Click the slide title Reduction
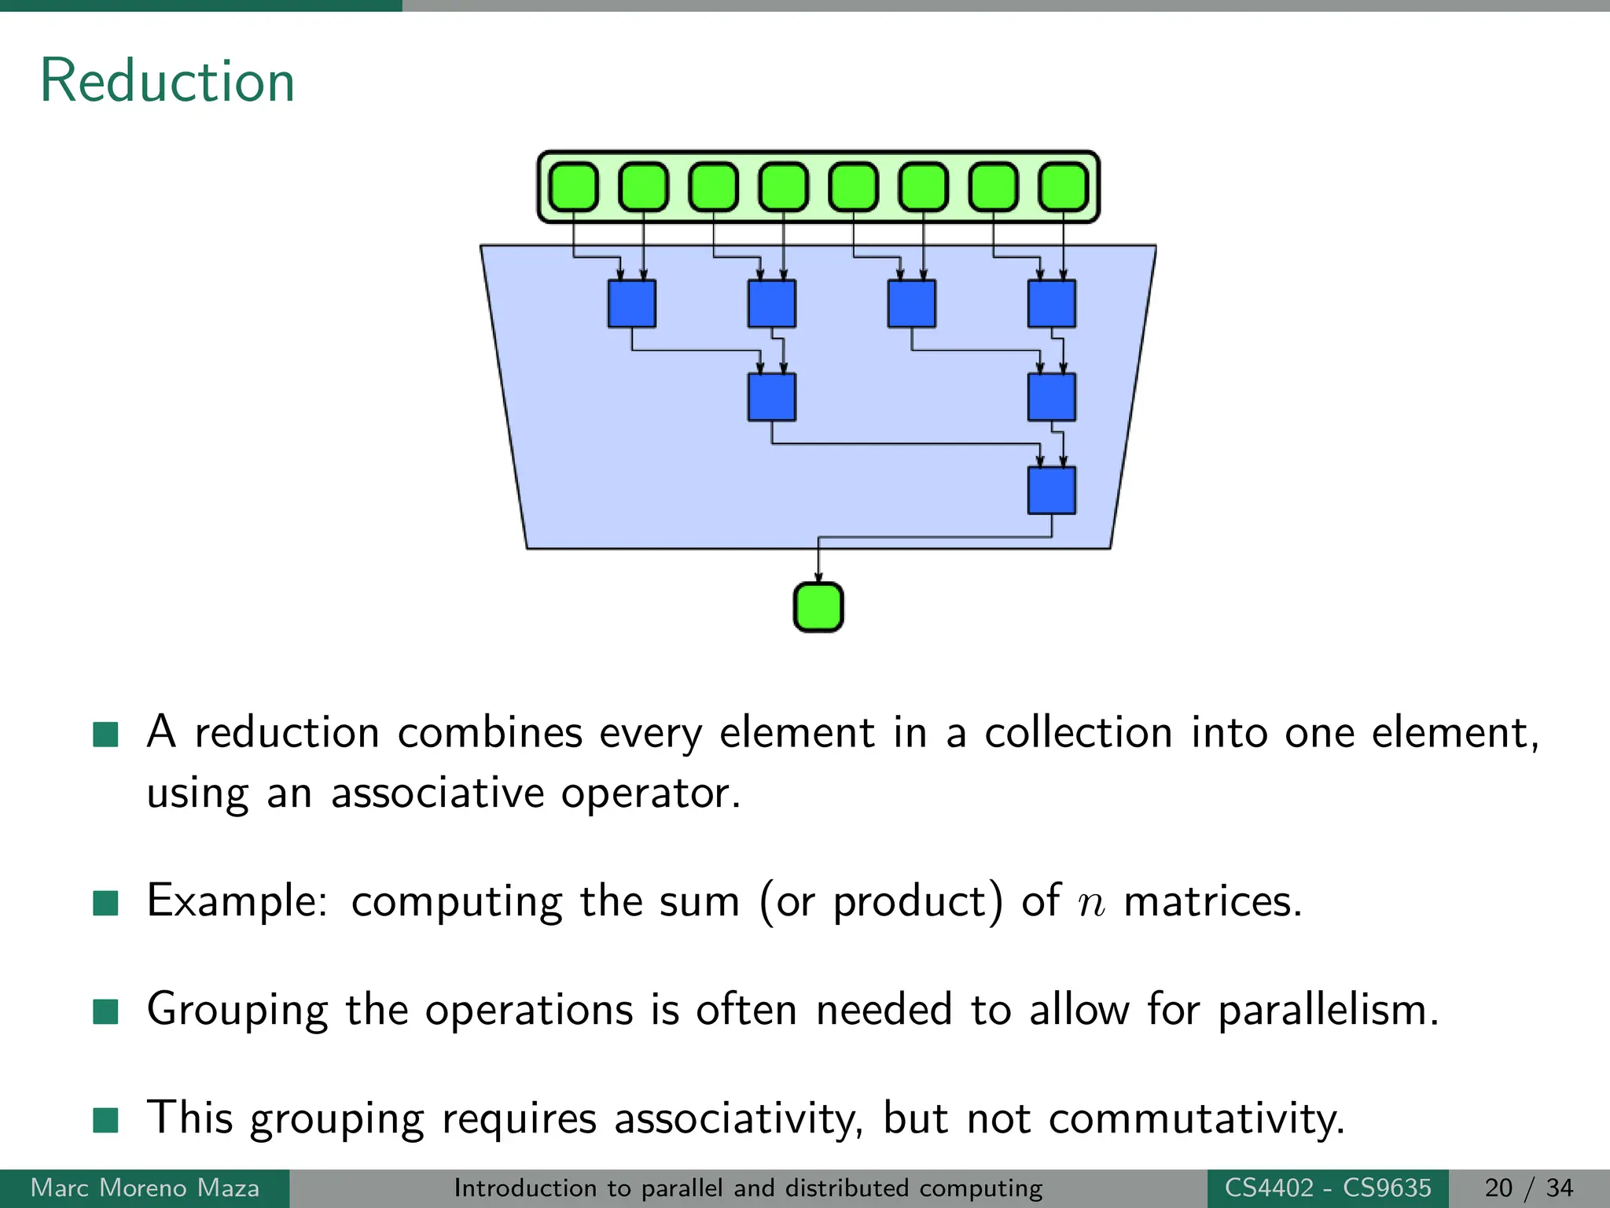point(167,81)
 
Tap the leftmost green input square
point(573,187)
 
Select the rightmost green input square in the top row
point(1064,187)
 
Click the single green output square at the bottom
point(818,607)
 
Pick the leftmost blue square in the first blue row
point(631,304)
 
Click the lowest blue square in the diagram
point(1052,491)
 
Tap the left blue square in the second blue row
point(771,397)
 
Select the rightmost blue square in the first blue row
point(1052,304)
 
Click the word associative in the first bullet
point(437,793)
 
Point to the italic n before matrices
point(1091,902)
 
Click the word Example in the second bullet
point(237,901)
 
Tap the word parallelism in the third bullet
point(1328,1010)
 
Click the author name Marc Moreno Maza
point(145,1188)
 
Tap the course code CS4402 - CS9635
point(1328,1188)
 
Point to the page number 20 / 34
point(1529,1188)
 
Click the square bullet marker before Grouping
point(105,1011)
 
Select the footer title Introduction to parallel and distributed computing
point(748,1188)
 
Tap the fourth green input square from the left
point(784,187)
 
